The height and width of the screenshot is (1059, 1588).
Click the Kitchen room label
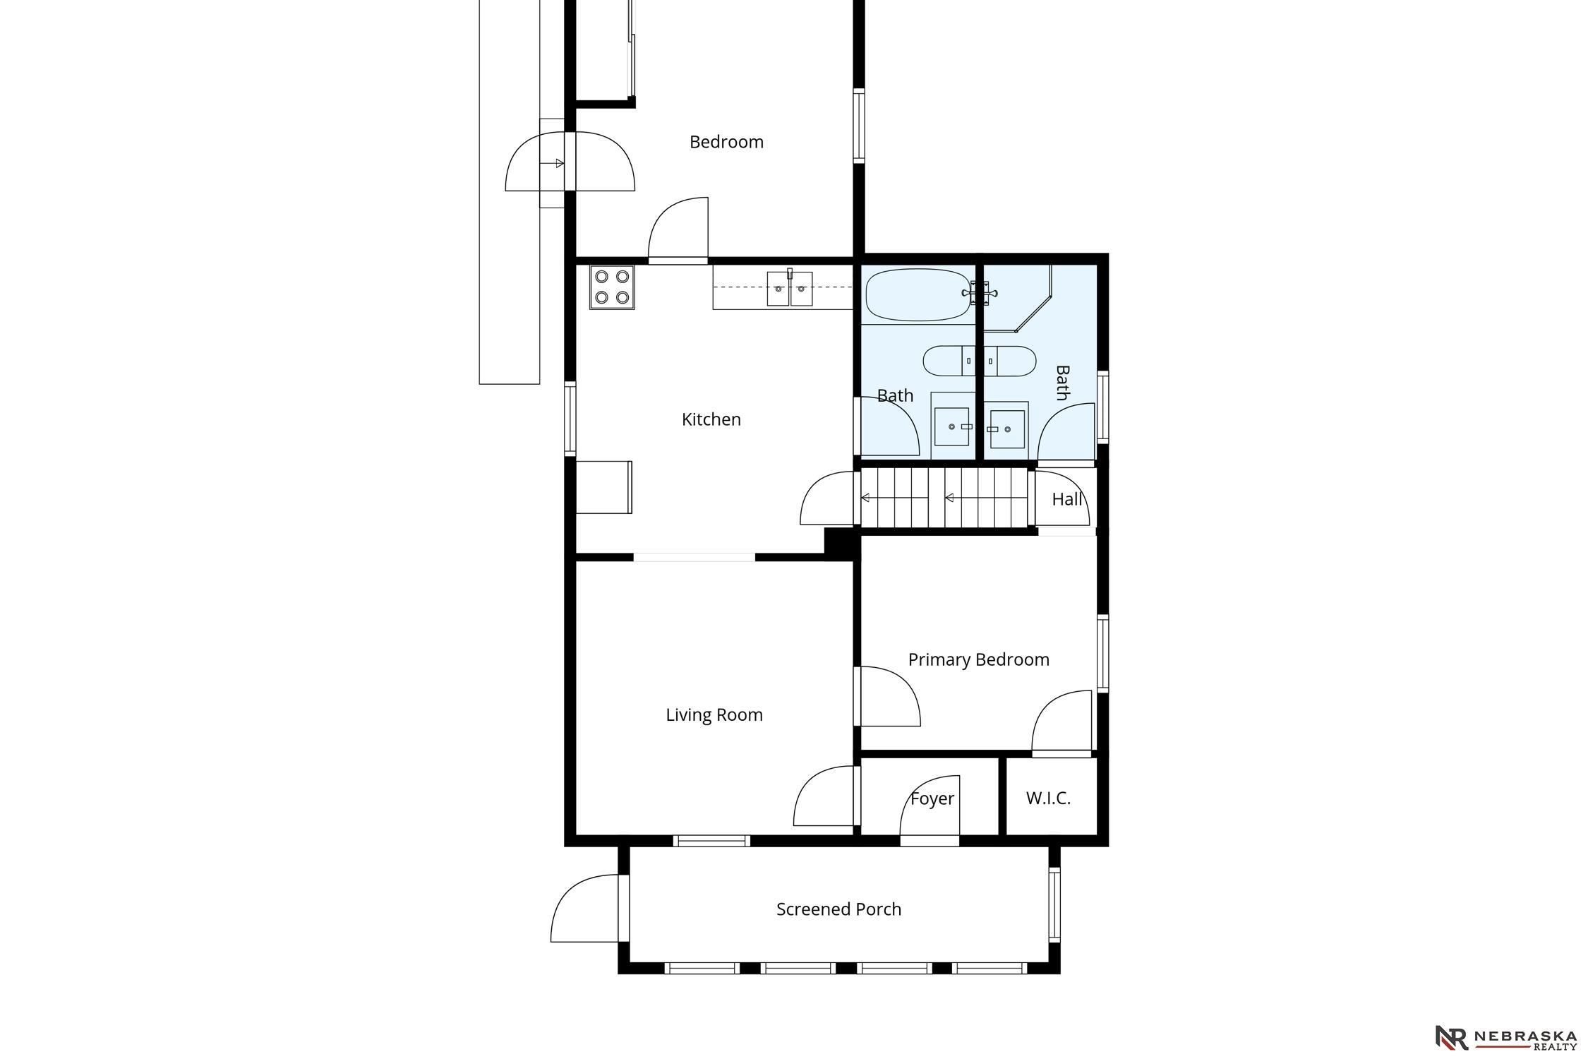pyautogui.click(x=711, y=419)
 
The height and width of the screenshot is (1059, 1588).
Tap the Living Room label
pyautogui.click(x=714, y=715)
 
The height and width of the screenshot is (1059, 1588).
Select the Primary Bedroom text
pyautogui.click(x=978, y=659)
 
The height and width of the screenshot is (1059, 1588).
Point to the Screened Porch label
pyautogui.click(x=838, y=909)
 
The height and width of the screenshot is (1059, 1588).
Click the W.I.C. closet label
pyautogui.click(x=1048, y=798)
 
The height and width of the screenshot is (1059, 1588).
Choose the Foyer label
pyautogui.click(x=932, y=798)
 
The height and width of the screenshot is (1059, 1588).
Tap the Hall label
pyautogui.click(x=1066, y=499)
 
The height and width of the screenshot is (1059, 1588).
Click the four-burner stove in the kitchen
pyautogui.click(x=612, y=287)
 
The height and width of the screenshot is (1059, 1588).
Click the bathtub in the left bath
pyautogui.click(x=917, y=294)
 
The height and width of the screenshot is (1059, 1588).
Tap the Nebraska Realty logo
pyautogui.click(x=1506, y=1038)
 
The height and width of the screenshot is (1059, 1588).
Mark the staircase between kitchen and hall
pyautogui.click(x=944, y=498)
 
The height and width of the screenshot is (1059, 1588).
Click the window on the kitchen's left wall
pyautogui.click(x=570, y=419)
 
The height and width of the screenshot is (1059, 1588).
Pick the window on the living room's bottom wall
pyautogui.click(x=711, y=840)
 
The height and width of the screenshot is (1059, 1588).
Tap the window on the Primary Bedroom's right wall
pyautogui.click(x=1102, y=653)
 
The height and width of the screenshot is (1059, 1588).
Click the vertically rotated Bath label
pyautogui.click(x=1062, y=383)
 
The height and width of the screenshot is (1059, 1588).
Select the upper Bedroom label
pyautogui.click(x=726, y=142)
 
